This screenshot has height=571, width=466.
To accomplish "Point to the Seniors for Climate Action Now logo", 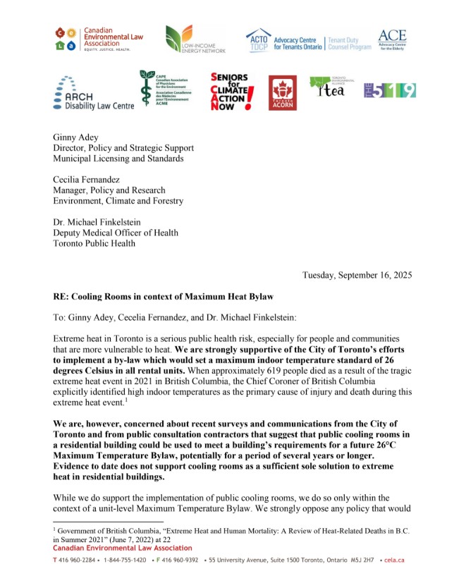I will (232, 92).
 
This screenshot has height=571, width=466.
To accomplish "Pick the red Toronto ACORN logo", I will (281, 92).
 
